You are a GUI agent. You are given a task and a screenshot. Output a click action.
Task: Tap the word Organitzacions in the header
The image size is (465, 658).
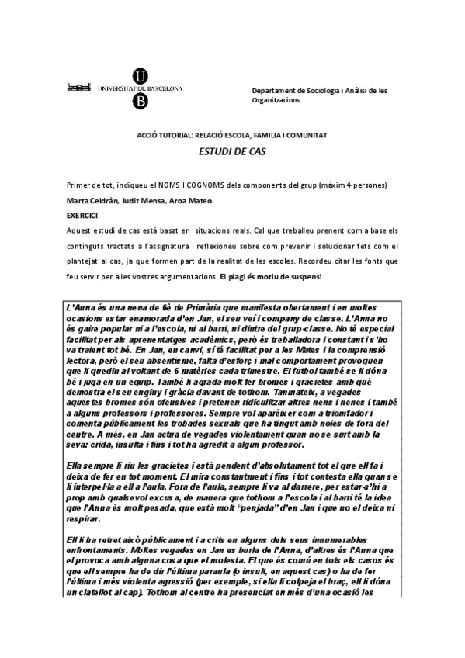[x=279, y=100]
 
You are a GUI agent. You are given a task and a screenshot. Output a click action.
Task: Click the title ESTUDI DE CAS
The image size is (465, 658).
[x=233, y=152]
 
